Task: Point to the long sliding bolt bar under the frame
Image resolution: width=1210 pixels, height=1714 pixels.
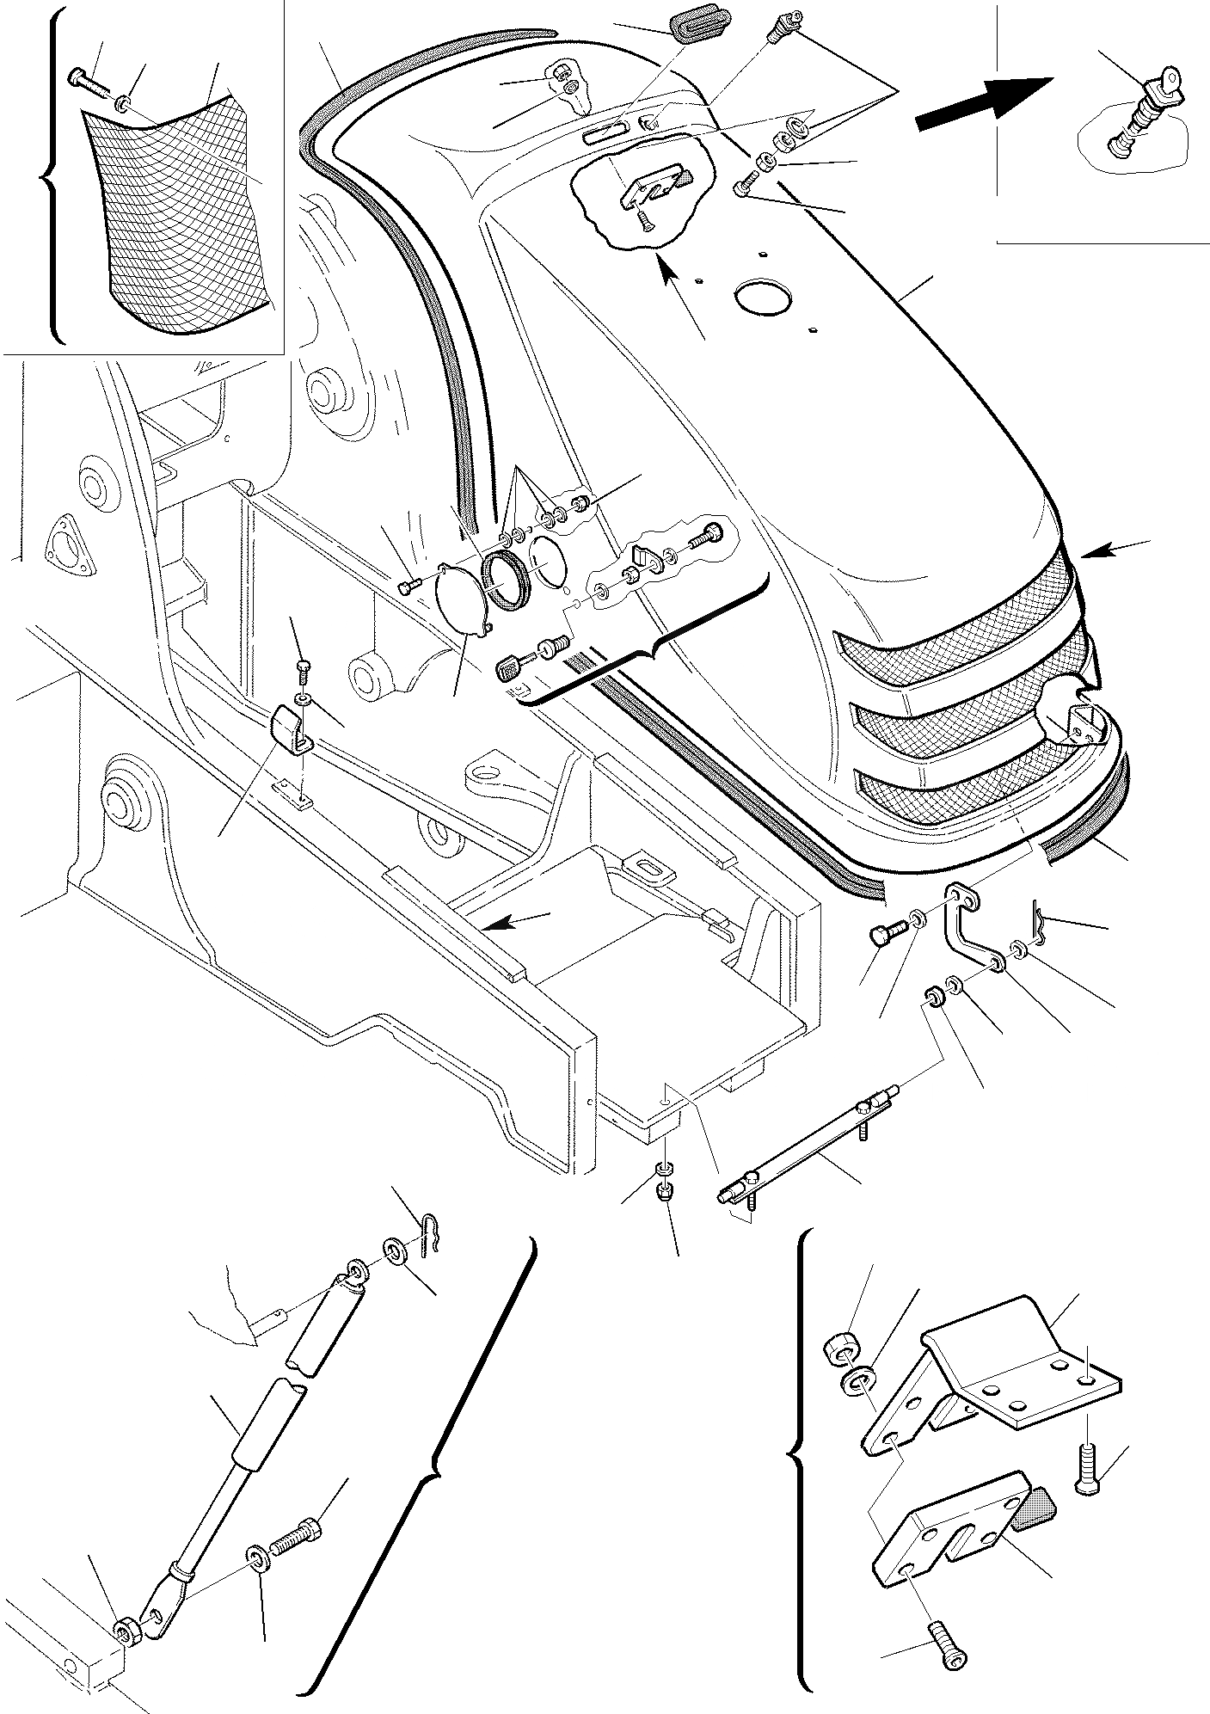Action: point(808,1151)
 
